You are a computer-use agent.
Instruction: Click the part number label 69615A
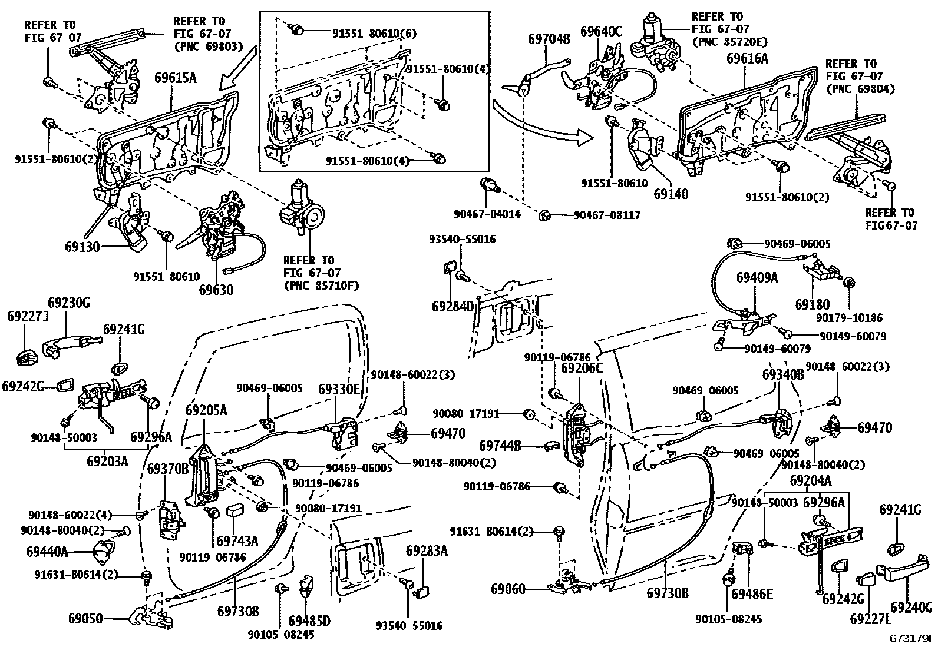pyautogui.click(x=175, y=77)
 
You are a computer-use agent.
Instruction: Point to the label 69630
pyautogui.click(x=216, y=290)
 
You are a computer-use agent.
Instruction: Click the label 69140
pyautogui.click(x=671, y=194)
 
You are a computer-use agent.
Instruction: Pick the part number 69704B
pyautogui.click(x=549, y=39)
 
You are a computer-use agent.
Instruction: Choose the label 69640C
pyautogui.click(x=601, y=31)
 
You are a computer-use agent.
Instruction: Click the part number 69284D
pyautogui.click(x=453, y=306)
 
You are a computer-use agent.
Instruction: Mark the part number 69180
pyautogui.click(x=812, y=304)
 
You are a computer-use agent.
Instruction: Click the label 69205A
pyautogui.click(x=206, y=410)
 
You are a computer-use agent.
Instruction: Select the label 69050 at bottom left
pyautogui.click(x=86, y=619)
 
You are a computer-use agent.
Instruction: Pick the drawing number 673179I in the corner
pyautogui.click(x=910, y=638)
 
